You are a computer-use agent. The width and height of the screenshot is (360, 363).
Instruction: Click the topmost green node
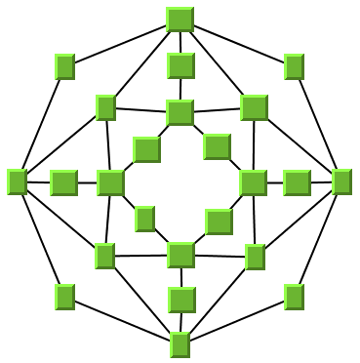pos(180,20)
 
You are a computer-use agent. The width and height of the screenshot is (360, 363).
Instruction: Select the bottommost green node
pos(180,343)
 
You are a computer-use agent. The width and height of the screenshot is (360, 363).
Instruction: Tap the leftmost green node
pos(17,181)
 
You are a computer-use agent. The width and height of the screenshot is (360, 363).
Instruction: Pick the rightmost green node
pos(341,181)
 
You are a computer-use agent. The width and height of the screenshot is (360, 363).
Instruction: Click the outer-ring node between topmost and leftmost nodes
pos(65,66)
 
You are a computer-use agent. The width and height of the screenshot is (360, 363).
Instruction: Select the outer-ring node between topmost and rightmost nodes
pos(294,66)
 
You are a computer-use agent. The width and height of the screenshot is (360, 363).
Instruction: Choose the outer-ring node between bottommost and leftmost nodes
pos(65,296)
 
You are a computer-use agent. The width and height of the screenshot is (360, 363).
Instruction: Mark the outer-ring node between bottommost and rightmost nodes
pos(294,296)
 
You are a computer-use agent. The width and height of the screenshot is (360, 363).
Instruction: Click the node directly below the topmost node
pos(180,65)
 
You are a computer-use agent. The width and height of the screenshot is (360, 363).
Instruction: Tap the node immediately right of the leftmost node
pos(63,182)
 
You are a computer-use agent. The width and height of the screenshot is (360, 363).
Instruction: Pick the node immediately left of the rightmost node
pos(297,182)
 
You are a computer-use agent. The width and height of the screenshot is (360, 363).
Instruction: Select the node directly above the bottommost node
pos(181,300)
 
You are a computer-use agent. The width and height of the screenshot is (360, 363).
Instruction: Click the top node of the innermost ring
pos(180,112)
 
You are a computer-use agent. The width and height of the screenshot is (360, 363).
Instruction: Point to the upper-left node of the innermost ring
pos(146,149)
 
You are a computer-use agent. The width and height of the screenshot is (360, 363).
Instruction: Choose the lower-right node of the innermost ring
pos(219,222)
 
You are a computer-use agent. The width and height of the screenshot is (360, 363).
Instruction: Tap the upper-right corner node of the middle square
pos(254,107)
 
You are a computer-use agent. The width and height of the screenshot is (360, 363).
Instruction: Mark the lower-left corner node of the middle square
pos(105,256)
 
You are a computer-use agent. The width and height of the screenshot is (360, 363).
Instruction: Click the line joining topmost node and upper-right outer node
pos(237,43)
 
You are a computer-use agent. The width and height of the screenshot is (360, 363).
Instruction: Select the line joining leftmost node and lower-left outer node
pos(41,239)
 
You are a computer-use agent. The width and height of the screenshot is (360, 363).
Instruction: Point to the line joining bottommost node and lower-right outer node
pos(237,320)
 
